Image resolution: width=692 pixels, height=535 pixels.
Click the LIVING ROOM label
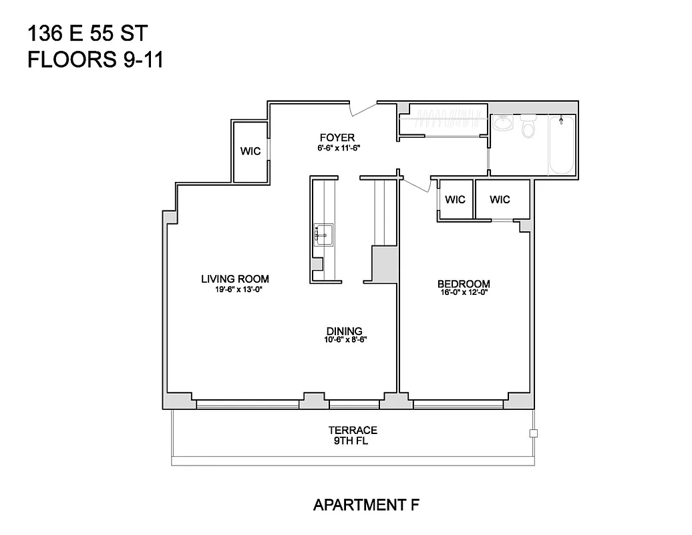[234, 279]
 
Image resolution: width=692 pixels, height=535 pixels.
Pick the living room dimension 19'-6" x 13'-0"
[234, 289]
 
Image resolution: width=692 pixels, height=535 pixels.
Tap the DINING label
[344, 331]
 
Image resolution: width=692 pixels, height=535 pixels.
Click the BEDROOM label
[464, 284]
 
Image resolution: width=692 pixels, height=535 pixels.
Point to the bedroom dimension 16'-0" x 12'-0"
[464, 292]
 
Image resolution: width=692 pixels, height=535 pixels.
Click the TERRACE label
[353, 430]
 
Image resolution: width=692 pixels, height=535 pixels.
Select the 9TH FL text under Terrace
[353, 441]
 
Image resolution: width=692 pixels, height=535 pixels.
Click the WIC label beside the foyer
[250, 152]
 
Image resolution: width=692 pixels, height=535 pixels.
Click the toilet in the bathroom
[528, 125]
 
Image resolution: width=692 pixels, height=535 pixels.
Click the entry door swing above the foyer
[363, 108]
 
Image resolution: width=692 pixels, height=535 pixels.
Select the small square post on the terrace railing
[532, 433]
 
